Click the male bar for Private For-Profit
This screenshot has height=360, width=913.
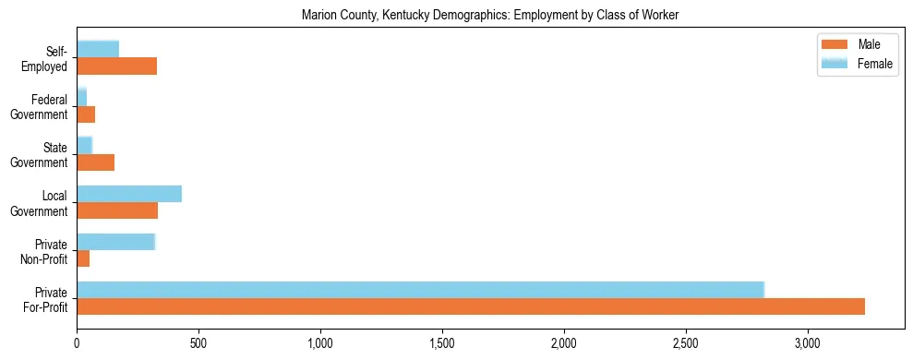(x=471, y=306)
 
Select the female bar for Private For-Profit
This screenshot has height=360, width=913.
(x=420, y=290)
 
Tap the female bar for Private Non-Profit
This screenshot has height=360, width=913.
(x=115, y=242)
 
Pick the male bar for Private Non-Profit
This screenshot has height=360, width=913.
(x=83, y=258)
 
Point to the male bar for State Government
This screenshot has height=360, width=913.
(x=95, y=162)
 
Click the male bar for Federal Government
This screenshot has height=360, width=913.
(x=86, y=114)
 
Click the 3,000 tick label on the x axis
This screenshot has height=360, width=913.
(x=808, y=342)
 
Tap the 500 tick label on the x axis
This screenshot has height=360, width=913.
(x=198, y=342)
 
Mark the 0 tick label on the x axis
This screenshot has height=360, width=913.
(x=77, y=342)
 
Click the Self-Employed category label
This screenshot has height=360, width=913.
(x=48, y=58)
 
